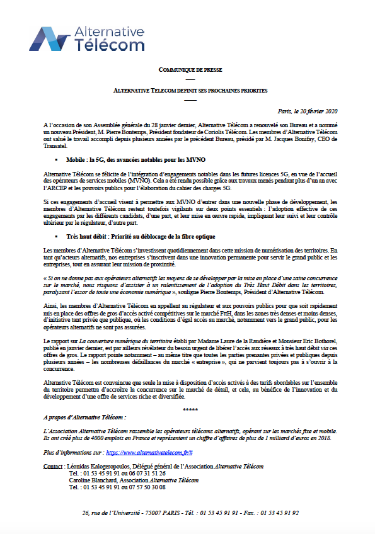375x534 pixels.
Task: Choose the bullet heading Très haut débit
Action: pyautogui.click(x=141, y=236)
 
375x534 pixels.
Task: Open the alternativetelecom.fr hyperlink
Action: pyautogui.click(x=149, y=452)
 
